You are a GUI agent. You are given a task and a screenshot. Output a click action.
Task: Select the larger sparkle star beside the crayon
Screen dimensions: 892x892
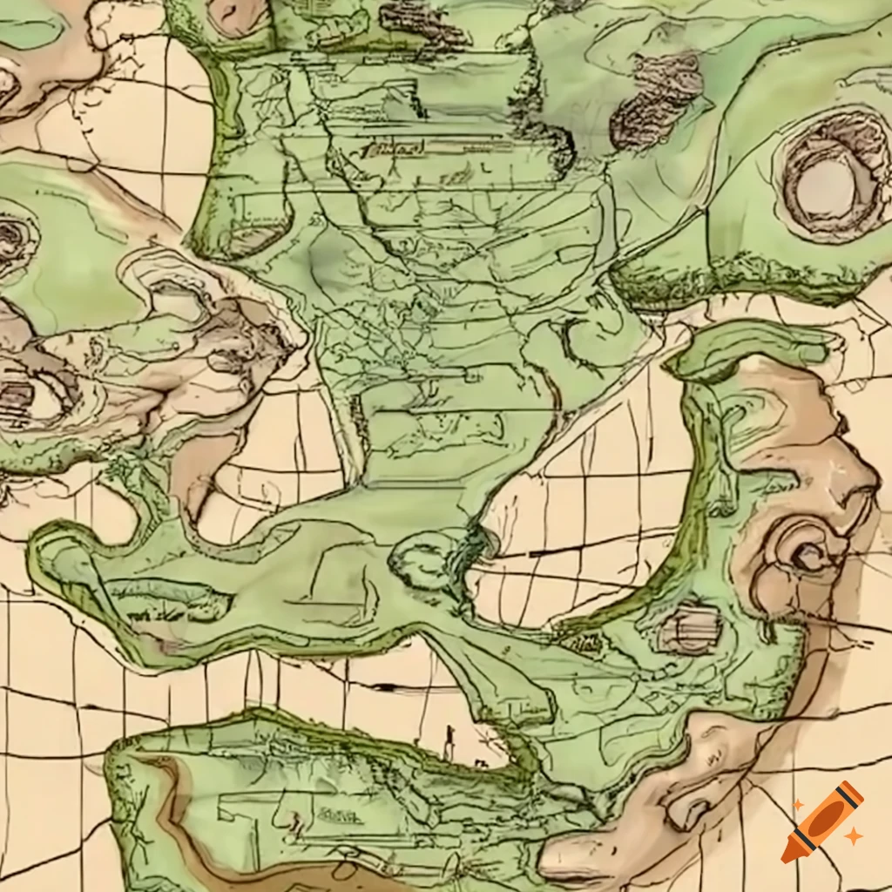point(854,835)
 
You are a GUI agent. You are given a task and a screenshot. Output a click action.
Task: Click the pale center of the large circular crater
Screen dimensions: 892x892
point(825,188)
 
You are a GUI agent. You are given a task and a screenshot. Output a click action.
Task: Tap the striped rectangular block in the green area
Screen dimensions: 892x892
point(691,629)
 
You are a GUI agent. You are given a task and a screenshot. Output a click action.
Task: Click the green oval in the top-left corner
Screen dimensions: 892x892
point(31,31)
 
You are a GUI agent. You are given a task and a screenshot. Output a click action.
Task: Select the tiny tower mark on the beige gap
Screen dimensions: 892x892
point(449,742)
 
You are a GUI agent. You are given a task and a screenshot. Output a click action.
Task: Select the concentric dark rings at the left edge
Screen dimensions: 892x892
point(13,235)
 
